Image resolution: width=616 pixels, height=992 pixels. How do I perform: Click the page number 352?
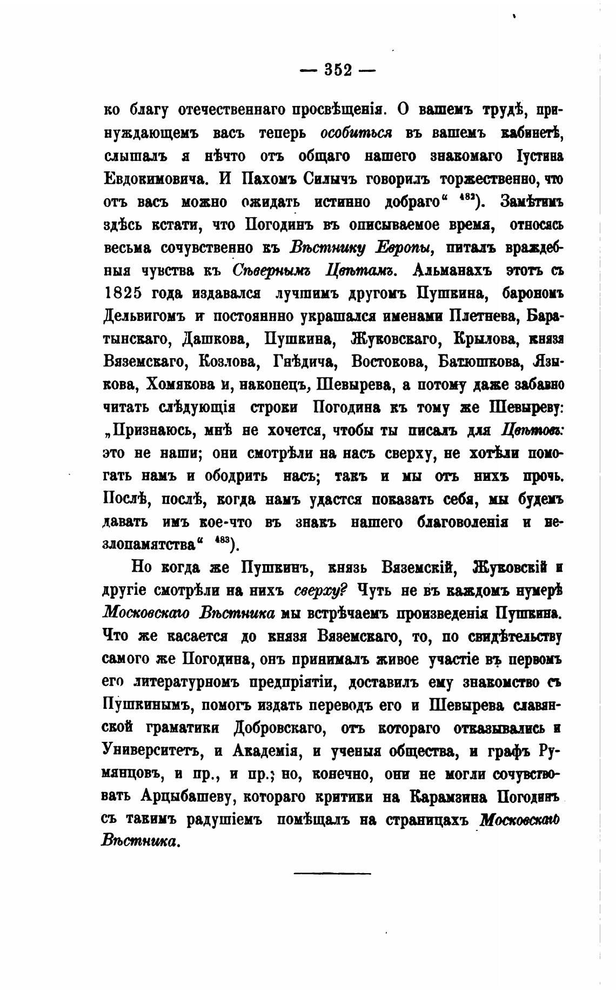[x=338, y=70]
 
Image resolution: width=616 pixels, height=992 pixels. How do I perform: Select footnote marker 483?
[x=222, y=540]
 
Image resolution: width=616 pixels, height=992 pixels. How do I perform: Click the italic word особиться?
[x=356, y=132]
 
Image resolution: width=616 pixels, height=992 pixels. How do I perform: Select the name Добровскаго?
[x=279, y=728]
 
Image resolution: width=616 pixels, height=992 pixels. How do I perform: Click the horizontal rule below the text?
[x=333, y=873]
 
